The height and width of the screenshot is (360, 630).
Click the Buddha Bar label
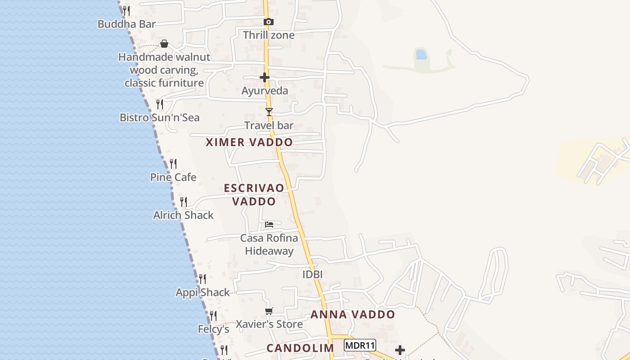coord(126,24)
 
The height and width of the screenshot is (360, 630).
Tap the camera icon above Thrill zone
coord(268,22)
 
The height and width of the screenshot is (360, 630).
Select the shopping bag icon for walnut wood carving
coord(164,44)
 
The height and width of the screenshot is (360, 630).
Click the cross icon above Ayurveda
coord(265,77)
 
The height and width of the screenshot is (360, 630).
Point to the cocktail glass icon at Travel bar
coord(269,112)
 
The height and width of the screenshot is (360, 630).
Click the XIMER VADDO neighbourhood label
coord(249,142)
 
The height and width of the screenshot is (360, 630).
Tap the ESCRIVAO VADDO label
coord(254,194)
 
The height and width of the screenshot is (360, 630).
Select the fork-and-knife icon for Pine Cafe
coord(173,164)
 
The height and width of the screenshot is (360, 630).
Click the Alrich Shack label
coord(183,215)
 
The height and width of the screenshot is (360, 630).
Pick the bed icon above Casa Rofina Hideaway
coord(269,224)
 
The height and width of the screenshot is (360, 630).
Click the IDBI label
coord(313,274)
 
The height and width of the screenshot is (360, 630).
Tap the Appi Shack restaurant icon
coord(202,279)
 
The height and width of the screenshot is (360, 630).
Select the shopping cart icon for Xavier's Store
coord(269,311)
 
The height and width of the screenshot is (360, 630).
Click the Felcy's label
coord(214,329)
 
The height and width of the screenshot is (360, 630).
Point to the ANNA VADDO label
coord(353,315)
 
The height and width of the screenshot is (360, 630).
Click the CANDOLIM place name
coord(300,348)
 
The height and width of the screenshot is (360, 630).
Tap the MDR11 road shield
coord(360,346)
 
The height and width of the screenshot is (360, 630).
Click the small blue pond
coord(421,54)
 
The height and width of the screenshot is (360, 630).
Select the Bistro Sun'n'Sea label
coord(159,117)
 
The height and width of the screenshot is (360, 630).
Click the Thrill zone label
coord(269,35)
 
